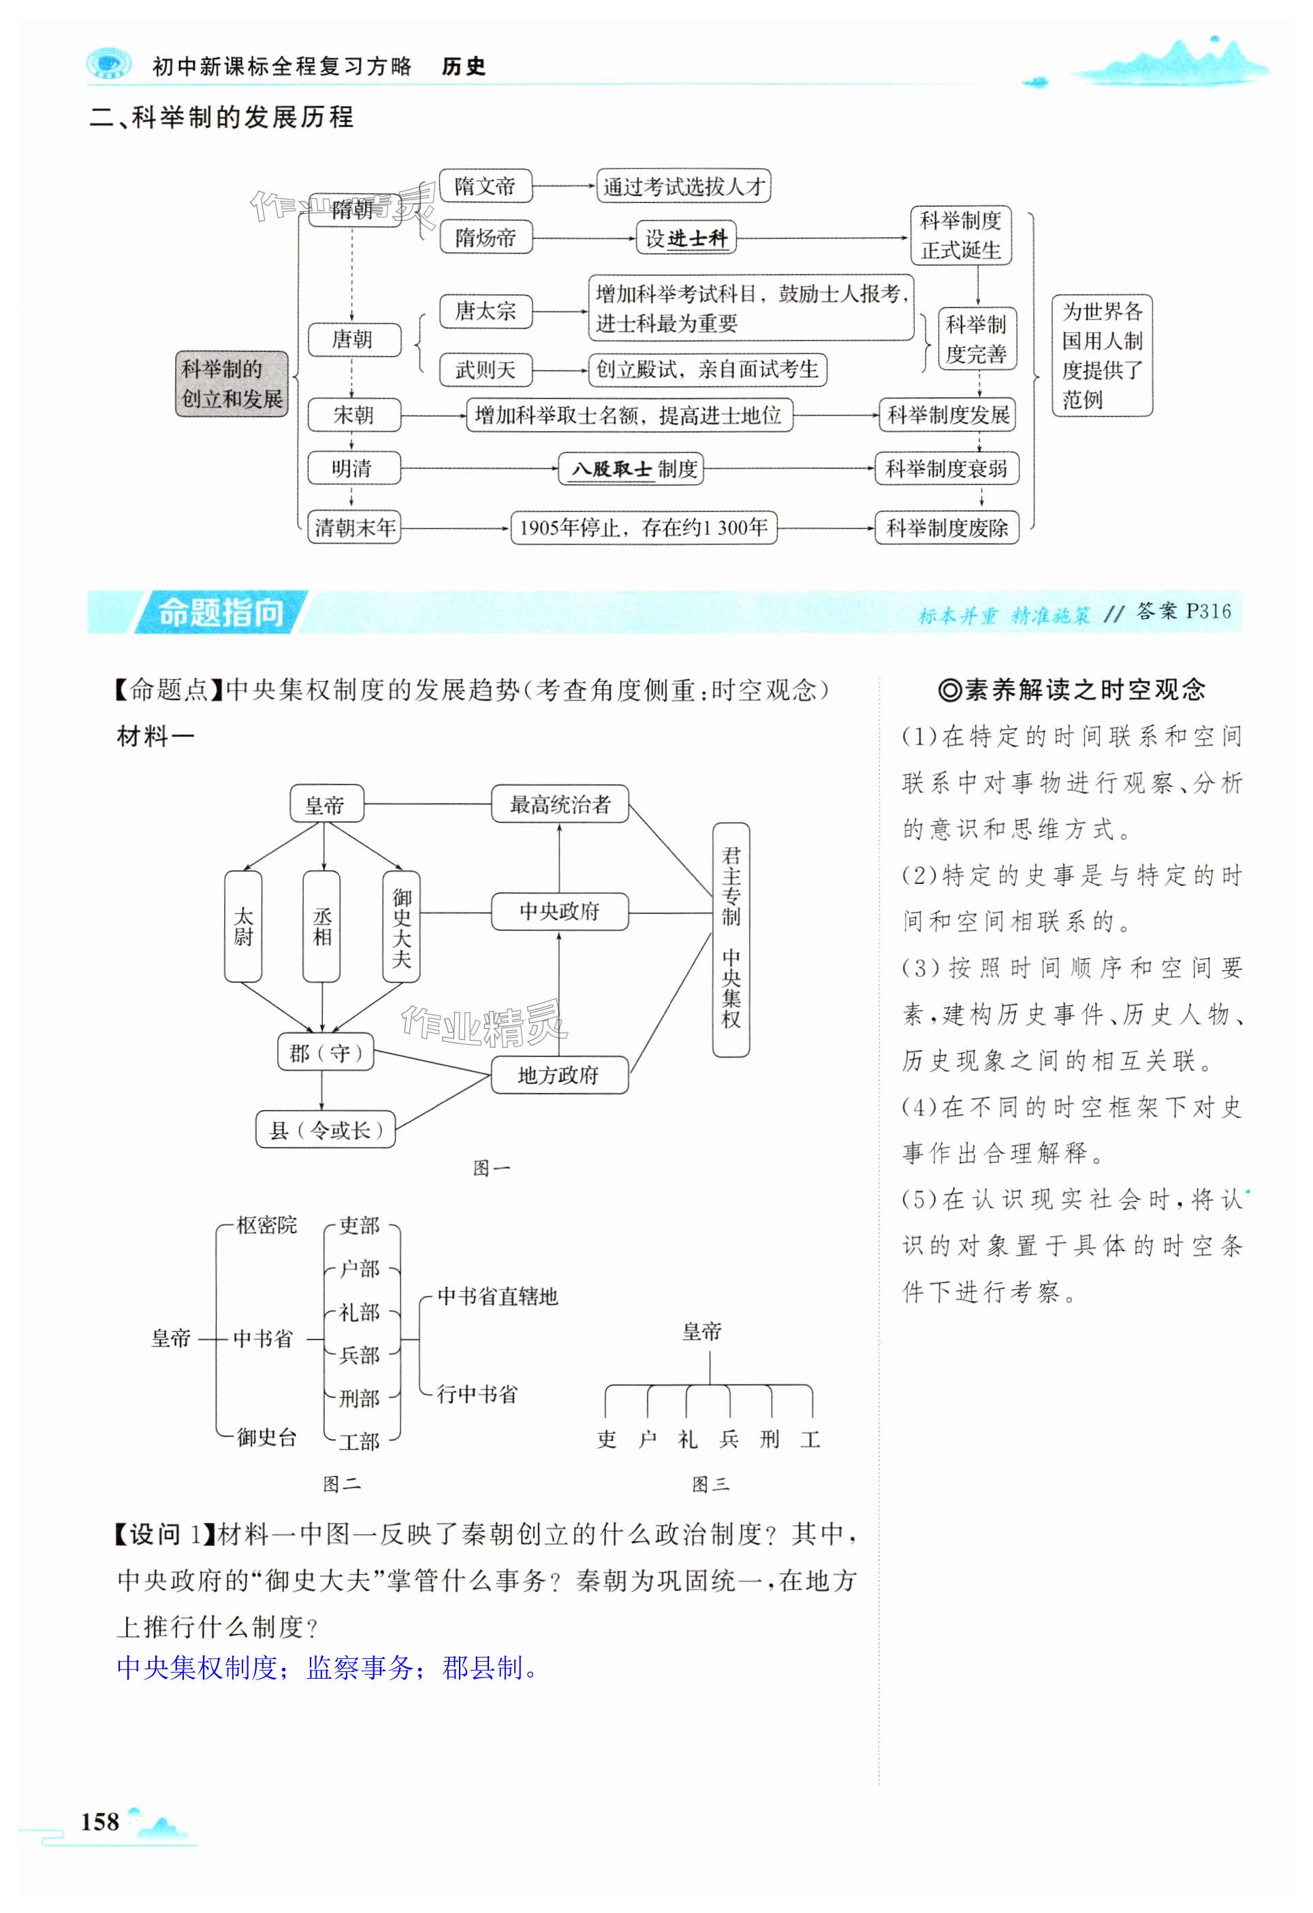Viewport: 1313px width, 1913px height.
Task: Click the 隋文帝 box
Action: coord(485,186)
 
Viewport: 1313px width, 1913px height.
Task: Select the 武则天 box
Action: coord(485,370)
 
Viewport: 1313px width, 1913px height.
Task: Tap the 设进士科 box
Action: coord(686,238)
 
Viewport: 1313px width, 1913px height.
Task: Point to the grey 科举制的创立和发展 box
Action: coord(232,383)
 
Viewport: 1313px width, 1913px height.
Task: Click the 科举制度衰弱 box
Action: coord(946,469)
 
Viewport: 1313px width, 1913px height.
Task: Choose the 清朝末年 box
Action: coord(354,528)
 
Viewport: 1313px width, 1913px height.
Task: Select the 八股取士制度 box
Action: coord(631,469)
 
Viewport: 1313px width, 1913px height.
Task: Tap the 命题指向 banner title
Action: coord(220,612)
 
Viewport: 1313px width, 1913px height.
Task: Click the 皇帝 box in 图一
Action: coord(326,804)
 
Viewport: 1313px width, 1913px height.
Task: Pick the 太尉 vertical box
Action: coord(243,926)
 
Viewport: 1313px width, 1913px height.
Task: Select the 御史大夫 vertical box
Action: coord(401,926)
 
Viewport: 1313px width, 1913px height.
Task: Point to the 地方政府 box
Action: coord(559,1075)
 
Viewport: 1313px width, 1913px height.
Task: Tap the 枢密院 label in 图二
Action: coord(266,1226)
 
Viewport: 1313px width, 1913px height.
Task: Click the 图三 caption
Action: coord(710,1484)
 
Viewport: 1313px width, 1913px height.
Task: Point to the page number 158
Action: coord(100,1821)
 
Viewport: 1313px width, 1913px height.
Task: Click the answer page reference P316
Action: coord(1207,612)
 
